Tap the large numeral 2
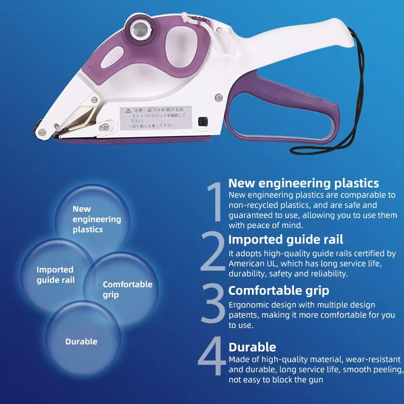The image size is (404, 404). coord(213,251)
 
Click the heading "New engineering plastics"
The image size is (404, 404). coord(303,183)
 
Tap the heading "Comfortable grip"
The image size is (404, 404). coord(279,290)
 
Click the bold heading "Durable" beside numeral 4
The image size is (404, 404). coord(252,347)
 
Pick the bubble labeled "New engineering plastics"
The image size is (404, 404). coord(90,219)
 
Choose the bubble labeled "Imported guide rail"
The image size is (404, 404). coord(56,274)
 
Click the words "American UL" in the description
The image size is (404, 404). coord(251,264)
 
